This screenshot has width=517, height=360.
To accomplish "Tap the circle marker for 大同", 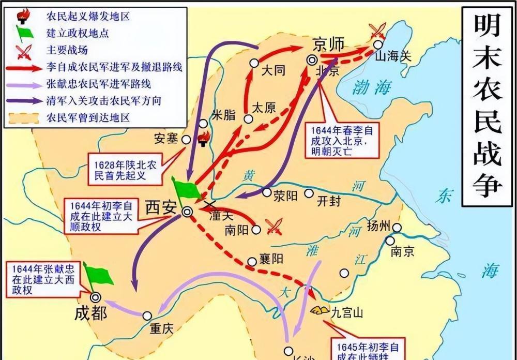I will click(x=254, y=63).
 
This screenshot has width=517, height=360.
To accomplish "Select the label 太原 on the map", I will click(x=264, y=108).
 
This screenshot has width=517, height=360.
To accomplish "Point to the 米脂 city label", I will click(x=224, y=115).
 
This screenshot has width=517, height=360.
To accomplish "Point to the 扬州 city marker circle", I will click(x=397, y=228).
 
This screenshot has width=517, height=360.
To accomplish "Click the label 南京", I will click(x=402, y=252).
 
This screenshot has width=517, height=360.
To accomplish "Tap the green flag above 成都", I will click(x=98, y=277).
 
